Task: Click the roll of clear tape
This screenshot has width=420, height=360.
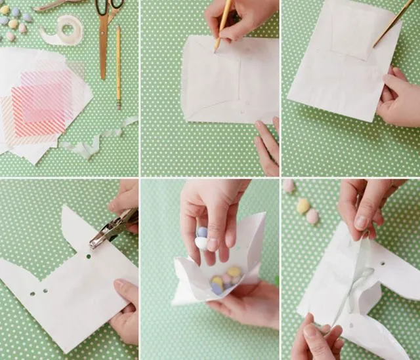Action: pyautogui.click(x=65, y=30)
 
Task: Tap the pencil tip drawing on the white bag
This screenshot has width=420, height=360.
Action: pyautogui.click(x=216, y=50)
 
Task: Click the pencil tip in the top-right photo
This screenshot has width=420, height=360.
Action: pyautogui.click(x=375, y=46)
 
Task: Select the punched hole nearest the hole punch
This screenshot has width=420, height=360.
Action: pyautogui.click(x=87, y=257)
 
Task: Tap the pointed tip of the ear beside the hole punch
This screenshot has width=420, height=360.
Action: pyautogui.click(x=64, y=209)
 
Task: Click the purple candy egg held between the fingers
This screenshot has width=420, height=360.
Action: pyautogui.click(x=203, y=231)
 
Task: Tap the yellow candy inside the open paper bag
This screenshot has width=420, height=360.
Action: pyautogui.click(x=233, y=271)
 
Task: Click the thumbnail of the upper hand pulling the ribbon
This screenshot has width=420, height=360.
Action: pyautogui.click(x=362, y=221)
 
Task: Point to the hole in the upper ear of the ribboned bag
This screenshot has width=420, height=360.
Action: pyautogui.click(x=382, y=264)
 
